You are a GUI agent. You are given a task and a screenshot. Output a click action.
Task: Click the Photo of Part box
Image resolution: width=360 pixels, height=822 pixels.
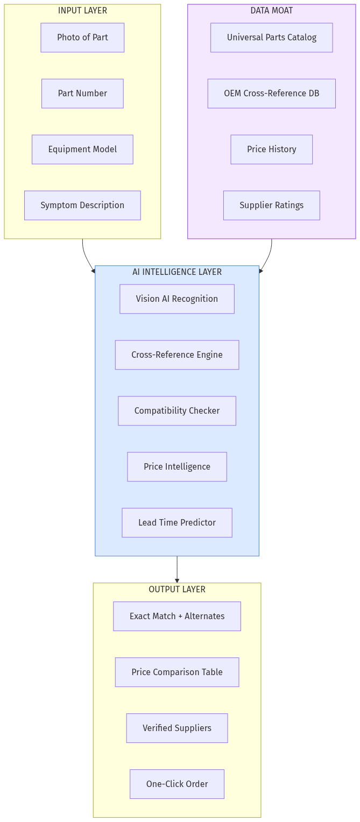82,38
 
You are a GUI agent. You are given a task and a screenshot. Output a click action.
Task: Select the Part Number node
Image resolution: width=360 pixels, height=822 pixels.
82,94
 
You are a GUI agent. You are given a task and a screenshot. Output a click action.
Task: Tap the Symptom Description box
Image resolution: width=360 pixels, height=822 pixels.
82,205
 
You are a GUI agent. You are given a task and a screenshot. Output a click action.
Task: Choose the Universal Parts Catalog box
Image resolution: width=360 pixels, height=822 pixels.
271,38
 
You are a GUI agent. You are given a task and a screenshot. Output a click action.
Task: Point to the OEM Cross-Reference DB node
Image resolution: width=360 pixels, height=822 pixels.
271,94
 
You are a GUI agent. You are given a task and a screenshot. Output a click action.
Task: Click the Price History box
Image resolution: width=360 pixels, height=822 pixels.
271,150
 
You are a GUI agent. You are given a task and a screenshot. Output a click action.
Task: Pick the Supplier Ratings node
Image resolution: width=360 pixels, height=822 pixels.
271,205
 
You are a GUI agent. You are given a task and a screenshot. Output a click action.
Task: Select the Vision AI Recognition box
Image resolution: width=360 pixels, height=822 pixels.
177,299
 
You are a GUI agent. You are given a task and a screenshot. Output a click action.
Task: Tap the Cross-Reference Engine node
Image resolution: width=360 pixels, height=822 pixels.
177,355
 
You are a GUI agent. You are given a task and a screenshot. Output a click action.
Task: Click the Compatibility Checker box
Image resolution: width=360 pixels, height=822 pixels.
177,411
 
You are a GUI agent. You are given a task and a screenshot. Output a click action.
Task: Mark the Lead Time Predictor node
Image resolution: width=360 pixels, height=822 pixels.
177,523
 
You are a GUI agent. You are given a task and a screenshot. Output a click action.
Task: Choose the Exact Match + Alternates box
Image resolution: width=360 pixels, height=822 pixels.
177,616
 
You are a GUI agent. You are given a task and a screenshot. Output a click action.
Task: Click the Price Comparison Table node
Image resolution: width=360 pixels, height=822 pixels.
177,672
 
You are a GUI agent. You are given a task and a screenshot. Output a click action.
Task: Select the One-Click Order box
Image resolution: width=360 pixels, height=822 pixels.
177,784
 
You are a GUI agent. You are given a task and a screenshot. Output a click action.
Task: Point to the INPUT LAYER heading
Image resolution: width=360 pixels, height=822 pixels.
82,11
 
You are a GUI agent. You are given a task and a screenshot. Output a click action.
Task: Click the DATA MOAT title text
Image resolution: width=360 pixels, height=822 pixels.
271,11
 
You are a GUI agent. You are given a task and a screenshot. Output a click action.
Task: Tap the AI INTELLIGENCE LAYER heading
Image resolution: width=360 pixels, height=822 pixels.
177,272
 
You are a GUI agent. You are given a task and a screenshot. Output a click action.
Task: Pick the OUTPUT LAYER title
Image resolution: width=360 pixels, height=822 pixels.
177,590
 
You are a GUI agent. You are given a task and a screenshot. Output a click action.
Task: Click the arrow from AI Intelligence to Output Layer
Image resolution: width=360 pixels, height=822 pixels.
177,569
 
